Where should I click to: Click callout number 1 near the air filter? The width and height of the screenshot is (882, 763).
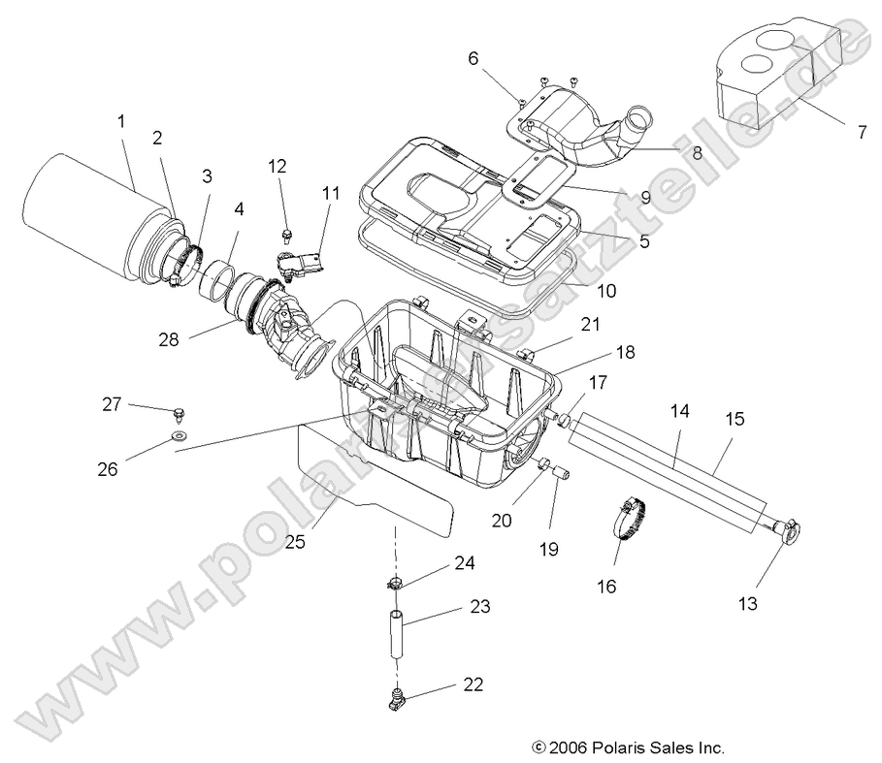pos(121,121)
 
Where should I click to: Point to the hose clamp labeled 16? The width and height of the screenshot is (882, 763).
pos(632,519)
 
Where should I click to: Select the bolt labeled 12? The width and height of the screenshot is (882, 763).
pos(287,235)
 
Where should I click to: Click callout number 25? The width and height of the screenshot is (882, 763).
pos(295,542)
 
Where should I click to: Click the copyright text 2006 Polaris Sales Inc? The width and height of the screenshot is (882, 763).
pos(628,748)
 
